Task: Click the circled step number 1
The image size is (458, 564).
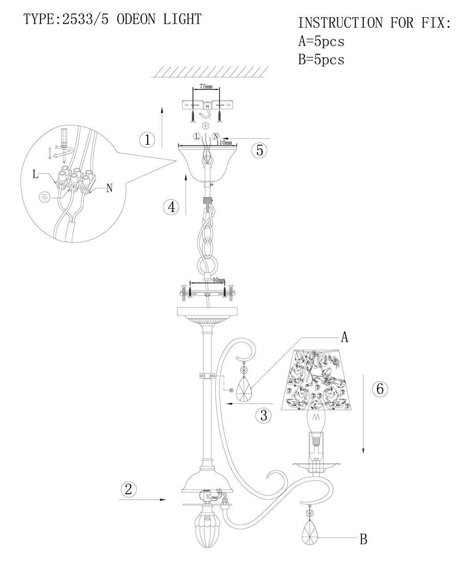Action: coord(148,140)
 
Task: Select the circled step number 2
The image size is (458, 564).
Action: coord(128,489)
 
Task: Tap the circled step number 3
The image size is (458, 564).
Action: coord(263,415)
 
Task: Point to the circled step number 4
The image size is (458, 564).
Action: coord(171,207)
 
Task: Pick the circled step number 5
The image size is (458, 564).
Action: coord(259,150)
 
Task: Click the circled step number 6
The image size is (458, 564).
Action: coord(380,389)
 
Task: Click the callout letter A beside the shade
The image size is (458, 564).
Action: coord(344,338)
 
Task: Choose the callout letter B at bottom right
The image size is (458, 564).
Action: coord(363,539)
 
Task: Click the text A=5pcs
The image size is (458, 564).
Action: coord(321,41)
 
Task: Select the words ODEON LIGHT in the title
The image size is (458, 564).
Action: coord(159,19)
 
